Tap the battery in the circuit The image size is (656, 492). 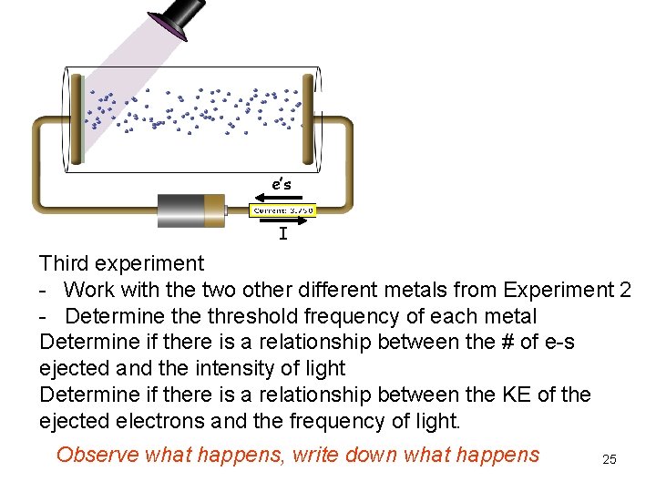click(x=190, y=210)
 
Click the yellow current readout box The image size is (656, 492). click(x=282, y=210)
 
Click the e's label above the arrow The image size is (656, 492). click(x=282, y=183)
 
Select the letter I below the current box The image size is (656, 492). click(x=283, y=235)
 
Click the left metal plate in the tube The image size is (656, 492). click(x=79, y=122)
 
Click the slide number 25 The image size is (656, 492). click(x=610, y=460)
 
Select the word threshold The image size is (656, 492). click(x=237, y=316)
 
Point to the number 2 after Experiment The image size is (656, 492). click(x=624, y=291)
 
